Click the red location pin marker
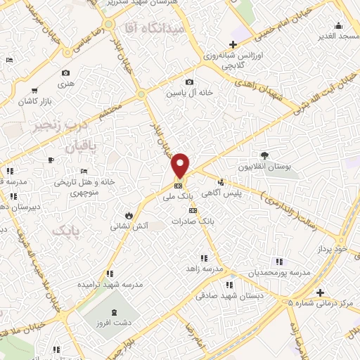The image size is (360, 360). pyautogui.click(x=181, y=165)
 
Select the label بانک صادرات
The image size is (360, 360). pyautogui.click(x=216, y=221)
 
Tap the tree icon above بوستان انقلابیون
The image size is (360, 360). pyautogui.click(x=264, y=155)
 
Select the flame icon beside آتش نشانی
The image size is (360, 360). pyautogui.click(x=129, y=214)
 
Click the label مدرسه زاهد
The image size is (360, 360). pyautogui.click(x=208, y=269)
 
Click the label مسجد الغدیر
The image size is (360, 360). pyautogui.click(x=337, y=35)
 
